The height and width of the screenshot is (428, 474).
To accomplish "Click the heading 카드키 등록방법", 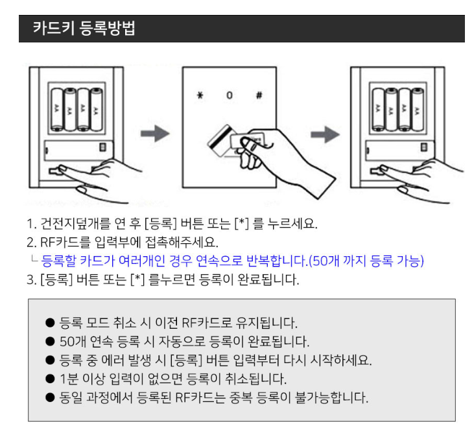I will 84,29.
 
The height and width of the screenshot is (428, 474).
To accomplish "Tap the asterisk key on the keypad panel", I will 200,95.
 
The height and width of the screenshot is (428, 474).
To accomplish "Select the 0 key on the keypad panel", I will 228,95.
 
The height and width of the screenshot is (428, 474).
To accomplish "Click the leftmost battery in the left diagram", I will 57,108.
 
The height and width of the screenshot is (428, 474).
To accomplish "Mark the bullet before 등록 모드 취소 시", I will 50,322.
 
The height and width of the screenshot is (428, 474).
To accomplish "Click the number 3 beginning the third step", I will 30,280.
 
